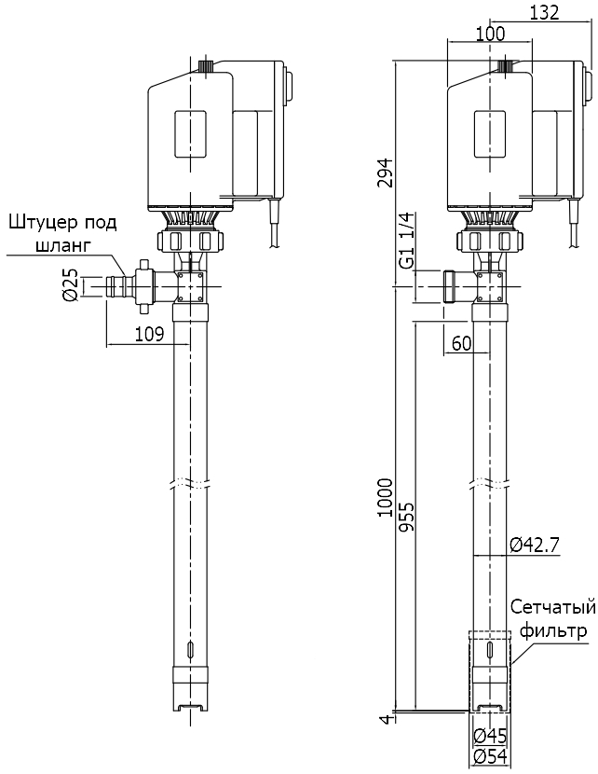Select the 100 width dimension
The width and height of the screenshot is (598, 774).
[x=488, y=34]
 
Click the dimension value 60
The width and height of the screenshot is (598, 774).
[x=461, y=344]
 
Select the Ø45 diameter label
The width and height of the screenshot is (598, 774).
[x=489, y=736]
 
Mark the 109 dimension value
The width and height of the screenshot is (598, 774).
[x=150, y=334]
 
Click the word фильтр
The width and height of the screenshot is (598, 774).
[x=553, y=631]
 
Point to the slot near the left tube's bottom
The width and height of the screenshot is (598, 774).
[x=190, y=651]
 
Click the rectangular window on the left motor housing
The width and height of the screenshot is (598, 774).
[x=190, y=135]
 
